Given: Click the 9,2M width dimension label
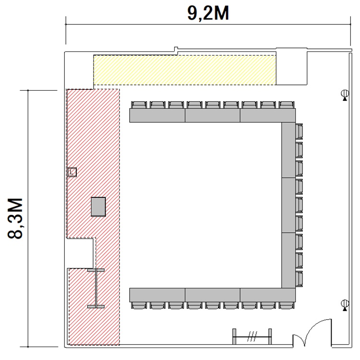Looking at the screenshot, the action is [x=208, y=13].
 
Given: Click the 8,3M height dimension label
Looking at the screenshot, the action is [x=15, y=218].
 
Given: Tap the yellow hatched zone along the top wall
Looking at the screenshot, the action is [x=185, y=70].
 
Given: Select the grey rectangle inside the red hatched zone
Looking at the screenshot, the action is [x=98, y=206].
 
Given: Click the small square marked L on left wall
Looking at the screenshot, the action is [x=72, y=172].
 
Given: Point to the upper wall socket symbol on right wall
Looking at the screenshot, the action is [x=345, y=95].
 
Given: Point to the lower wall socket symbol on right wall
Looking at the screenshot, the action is [x=345, y=305].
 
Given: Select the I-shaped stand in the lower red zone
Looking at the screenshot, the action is [x=96, y=288].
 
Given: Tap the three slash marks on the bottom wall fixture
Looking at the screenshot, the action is [x=252, y=336].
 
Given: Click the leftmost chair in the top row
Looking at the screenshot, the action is [x=139, y=105].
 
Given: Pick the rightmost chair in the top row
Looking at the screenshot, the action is [x=287, y=105].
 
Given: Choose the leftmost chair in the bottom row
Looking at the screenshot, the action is [x=139, y=306].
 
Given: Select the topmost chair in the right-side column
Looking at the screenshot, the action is [x=299, y=132].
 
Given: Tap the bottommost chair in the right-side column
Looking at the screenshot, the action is [x=299, y=279].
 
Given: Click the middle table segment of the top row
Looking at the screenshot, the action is [x=213, y=116].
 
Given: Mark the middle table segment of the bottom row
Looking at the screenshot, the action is [x=213, y=295].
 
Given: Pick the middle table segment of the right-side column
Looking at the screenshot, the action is [x=288, y=205].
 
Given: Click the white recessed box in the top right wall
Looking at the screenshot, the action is [x=291, y=66].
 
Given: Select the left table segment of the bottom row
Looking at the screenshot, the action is [x=157, y=295].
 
